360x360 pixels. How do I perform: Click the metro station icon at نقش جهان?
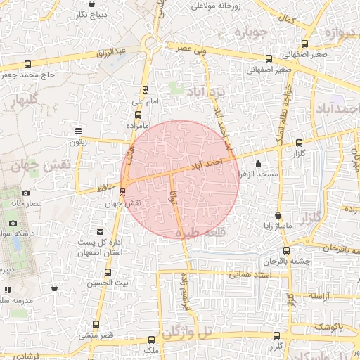click(x=123, y=191)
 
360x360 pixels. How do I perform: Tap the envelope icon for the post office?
click(x=100, y=232)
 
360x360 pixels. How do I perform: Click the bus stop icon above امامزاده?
click(x=138, y=115)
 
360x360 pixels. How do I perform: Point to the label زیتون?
click(x=77, y=142)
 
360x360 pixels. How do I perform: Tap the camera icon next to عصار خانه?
click(x=26, y=193)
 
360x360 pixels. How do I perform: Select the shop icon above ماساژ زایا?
click(x=278, y=216)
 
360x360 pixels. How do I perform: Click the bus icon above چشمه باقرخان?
click(x=285, y=250)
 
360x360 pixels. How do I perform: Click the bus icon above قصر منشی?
click(x=96, y=325)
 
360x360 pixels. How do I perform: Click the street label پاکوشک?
click(x=328, y=327)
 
